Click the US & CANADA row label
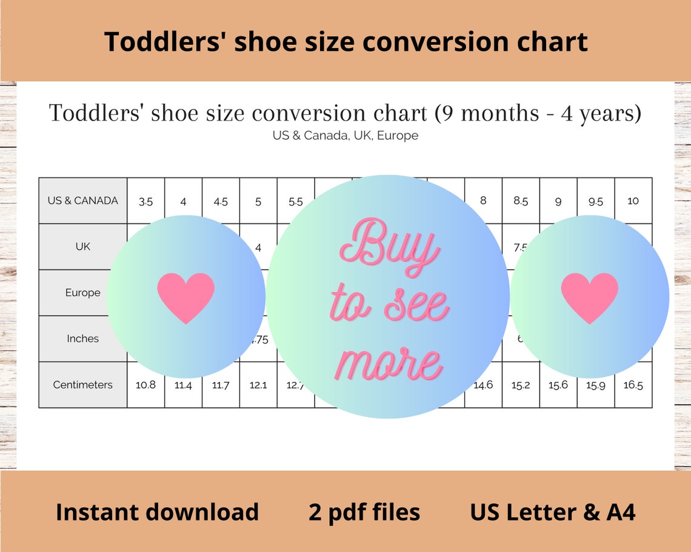point(83,200)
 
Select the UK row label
point(83,246)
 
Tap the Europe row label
point(83,292)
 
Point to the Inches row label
point(83,338)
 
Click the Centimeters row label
point(83,384)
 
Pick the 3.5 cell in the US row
point(145,202)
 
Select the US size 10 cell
point(633,200)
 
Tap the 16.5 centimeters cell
point(633,385)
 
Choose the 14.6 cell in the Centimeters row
point(483,385)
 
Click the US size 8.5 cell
point(521,200)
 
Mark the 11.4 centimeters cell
point(183,385)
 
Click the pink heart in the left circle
point(185,297)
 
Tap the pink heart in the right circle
point(589,297)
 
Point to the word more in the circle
point(388,363)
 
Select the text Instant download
point(157,512)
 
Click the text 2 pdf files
point(364,512)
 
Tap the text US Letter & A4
point(552,512)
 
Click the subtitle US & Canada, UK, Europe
point(345,136)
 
